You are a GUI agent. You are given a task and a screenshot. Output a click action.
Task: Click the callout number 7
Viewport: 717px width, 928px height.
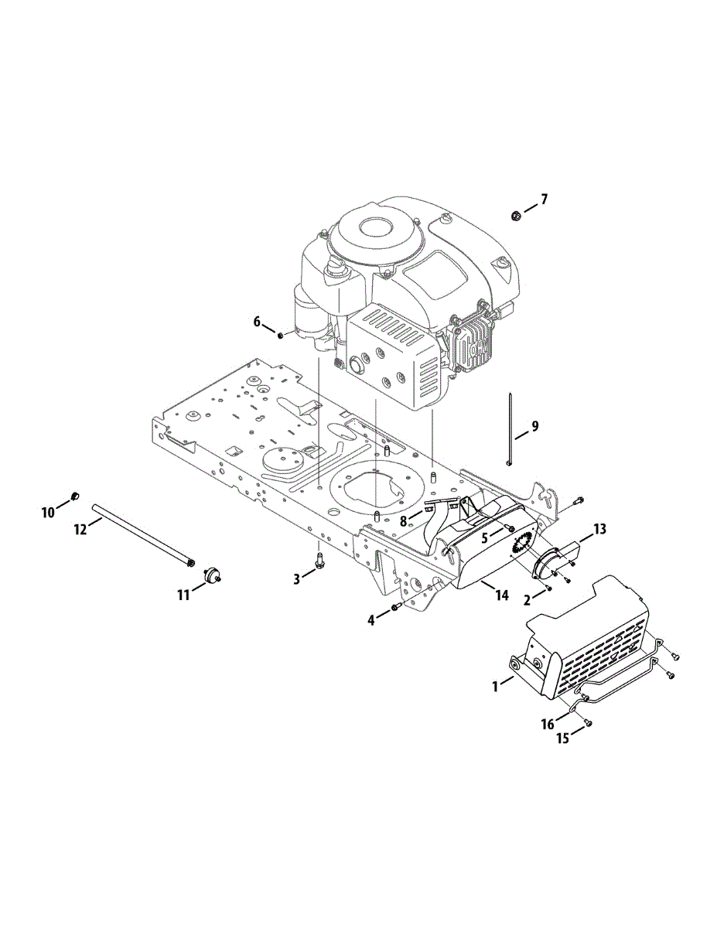(544, 200)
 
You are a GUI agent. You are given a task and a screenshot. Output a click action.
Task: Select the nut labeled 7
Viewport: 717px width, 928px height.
(515, 215)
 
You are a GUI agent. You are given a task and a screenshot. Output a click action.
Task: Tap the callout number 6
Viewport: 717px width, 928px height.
(258, 322)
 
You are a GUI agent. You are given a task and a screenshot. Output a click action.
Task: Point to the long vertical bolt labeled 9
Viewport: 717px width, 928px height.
(511, 429)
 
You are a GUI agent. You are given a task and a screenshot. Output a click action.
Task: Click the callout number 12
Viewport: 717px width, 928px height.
(80, 528)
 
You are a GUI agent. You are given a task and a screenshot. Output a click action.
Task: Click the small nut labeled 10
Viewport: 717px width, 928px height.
(74, 495)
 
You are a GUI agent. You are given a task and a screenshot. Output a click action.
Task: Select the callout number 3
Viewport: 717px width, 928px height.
(296, 578)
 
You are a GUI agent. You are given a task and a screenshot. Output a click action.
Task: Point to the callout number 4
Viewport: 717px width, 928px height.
(372, 619)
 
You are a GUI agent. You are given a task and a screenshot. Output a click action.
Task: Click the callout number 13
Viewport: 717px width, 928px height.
(599, 529)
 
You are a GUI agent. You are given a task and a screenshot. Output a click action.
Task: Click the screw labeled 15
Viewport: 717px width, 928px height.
(587, 722)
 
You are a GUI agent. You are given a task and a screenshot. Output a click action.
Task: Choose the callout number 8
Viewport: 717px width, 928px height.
(403, 521)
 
